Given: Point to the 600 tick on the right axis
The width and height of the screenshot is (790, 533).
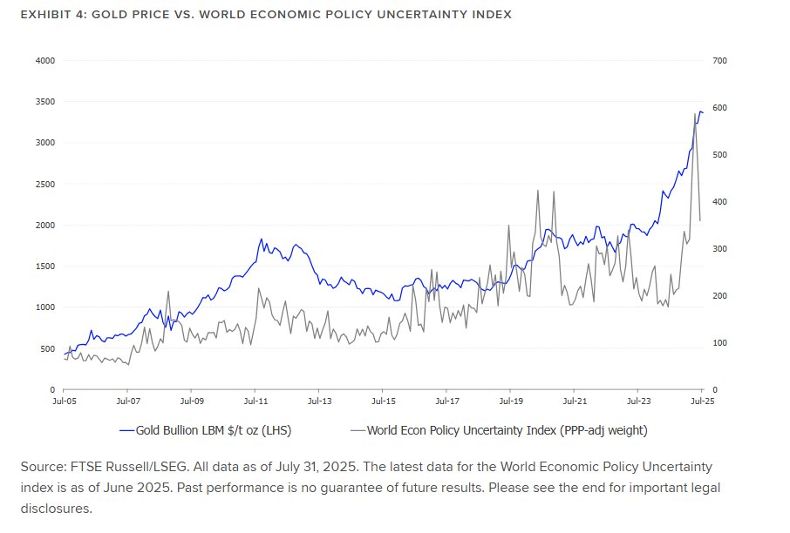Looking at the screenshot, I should pos(719,108).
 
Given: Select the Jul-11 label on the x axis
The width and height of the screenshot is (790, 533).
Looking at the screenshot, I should pos(255,401).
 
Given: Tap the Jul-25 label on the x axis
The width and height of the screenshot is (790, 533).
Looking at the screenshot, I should pos(701,401).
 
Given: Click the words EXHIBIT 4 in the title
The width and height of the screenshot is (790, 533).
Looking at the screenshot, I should pos(51,15).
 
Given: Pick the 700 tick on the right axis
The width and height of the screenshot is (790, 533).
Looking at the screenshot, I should pos(719,61).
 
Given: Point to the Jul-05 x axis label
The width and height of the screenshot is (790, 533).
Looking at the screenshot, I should pos(64,401).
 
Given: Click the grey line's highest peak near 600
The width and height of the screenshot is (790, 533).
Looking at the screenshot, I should pos(695,114).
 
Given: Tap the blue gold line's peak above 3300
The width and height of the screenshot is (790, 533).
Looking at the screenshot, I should pos(699,111).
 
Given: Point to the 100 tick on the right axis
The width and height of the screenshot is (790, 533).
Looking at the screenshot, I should pos(719,343).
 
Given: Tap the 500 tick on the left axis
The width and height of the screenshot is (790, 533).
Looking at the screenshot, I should pos(47,349).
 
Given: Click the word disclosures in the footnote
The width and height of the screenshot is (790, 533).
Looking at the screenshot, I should pos(56,508).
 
